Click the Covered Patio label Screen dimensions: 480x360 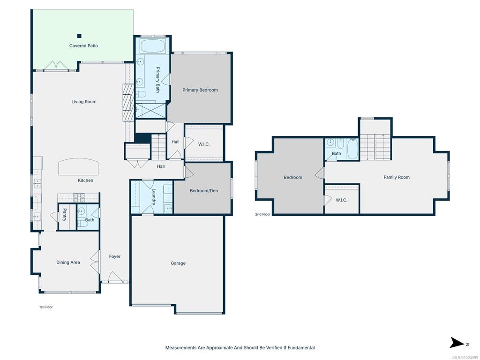click(x=83, y=46)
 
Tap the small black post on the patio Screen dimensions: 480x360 click(x=79, y=36)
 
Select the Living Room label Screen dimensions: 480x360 click(x=84, y=102)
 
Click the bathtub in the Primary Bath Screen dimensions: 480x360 click(x=152, y=46)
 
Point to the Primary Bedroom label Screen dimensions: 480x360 click(x=200, y=90)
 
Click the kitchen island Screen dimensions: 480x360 click(x=78, y=167)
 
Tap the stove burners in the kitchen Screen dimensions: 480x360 click(x=79, y=197)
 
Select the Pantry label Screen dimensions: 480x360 click(x=65, y=215)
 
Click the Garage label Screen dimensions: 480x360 click(x=178, y=263)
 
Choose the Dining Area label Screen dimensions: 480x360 click(x=68, y=262)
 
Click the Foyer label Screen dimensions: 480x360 click(x=115, y=256)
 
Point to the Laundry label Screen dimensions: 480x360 click(x=154, y=196)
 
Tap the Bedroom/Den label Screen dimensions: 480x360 click(x=204, y=191)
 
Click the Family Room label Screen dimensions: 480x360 click(x=397, y=177)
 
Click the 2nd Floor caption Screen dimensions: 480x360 click(x=263, y=214)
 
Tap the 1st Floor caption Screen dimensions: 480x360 click(x=46, y=307)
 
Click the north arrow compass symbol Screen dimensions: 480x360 click(x=457, y=343)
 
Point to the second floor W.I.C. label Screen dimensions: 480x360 click(x=341, y=200)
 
